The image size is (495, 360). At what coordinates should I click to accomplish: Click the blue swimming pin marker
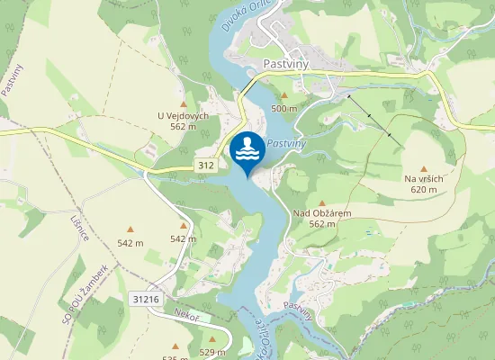click(x=247, y=151)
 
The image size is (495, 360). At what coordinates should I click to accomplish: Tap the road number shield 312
click(x=206, y=166)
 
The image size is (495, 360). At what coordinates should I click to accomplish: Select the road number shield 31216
click(x=144, y=299)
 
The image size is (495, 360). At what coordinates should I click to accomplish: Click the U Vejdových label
click(x=183, y=115)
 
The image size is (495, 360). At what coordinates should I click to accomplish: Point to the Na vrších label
click(x=424, y=178)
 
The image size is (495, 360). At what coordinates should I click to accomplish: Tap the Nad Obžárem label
click(x=321, y=212)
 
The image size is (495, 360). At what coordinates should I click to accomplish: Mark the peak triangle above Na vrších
click(x=424, y=167)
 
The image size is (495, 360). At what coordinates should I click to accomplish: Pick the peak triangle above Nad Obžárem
click(x=321, y=202)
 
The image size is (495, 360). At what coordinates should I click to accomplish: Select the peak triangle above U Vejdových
click(x=183, y=104)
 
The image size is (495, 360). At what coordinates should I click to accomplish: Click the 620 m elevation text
click(x=424, y=190)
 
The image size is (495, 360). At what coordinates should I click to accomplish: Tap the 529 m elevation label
click(x=212, y=352)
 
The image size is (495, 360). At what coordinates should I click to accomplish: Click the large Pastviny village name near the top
click(x=287, y=64)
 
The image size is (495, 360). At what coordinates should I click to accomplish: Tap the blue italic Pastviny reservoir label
click(x=288, y=143)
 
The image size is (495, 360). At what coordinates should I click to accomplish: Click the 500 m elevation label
click(x=284, y=109)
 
